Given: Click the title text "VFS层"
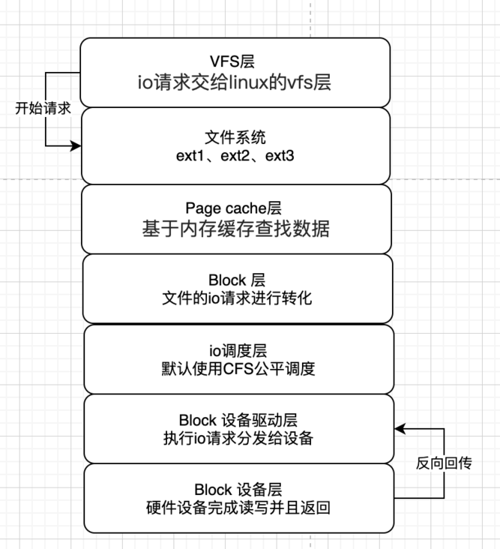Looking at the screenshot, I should tap(235, 61).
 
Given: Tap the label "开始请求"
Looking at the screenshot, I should tap(43, 108).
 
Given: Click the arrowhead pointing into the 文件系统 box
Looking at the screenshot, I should tap(75, 145).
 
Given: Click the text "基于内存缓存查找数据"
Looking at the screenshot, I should tap(235, 229).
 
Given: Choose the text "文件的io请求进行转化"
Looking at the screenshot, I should tap(237, 298).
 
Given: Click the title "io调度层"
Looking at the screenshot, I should tap(237, 350).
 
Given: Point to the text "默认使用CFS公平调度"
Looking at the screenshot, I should tap(237, 368).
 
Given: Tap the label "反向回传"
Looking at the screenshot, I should tap(444, 463).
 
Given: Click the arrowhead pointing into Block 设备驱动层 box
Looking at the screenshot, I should tap(400, 429).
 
